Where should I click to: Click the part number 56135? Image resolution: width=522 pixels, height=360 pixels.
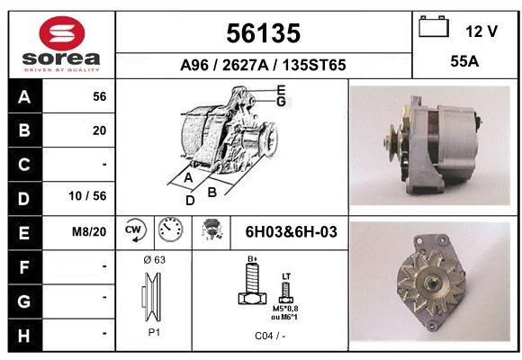point(264,33)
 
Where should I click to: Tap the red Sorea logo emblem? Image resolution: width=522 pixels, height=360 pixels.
point(62,33)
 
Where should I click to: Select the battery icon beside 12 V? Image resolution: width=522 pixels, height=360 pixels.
point(434,26)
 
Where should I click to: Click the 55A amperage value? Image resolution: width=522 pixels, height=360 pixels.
point(464,61)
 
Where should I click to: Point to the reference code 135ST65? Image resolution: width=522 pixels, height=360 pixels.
point(314,65)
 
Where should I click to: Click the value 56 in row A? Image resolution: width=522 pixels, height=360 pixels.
point(100,96)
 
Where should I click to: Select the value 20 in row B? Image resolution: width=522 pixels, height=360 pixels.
point(100,130)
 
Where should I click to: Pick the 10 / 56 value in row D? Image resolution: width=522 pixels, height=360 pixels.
point(87,196)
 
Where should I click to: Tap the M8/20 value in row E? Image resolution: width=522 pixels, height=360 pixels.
point(89,231)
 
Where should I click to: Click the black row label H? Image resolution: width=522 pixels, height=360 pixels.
point(25,336)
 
